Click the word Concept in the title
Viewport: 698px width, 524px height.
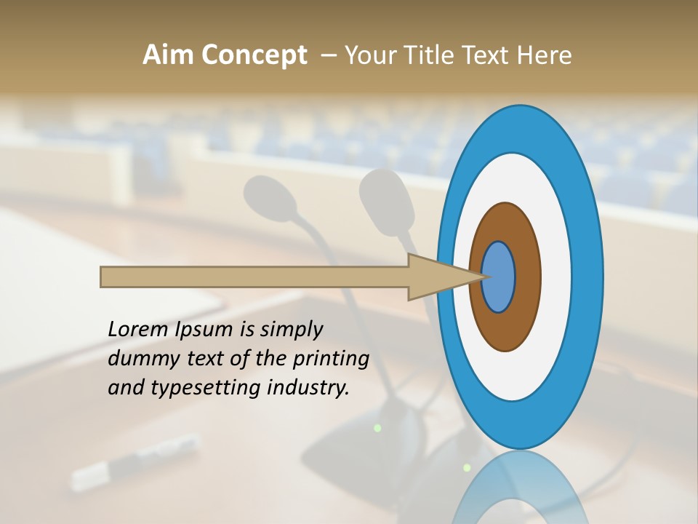pyautogui.click(x=254, y=55)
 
